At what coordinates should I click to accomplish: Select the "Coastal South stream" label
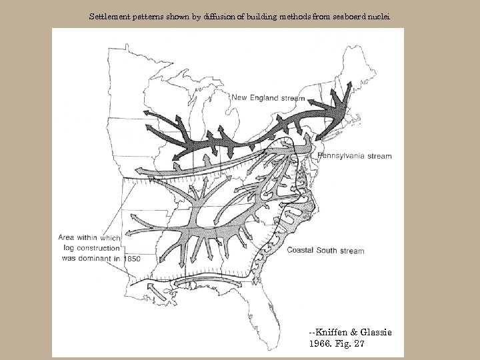point(325,251)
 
